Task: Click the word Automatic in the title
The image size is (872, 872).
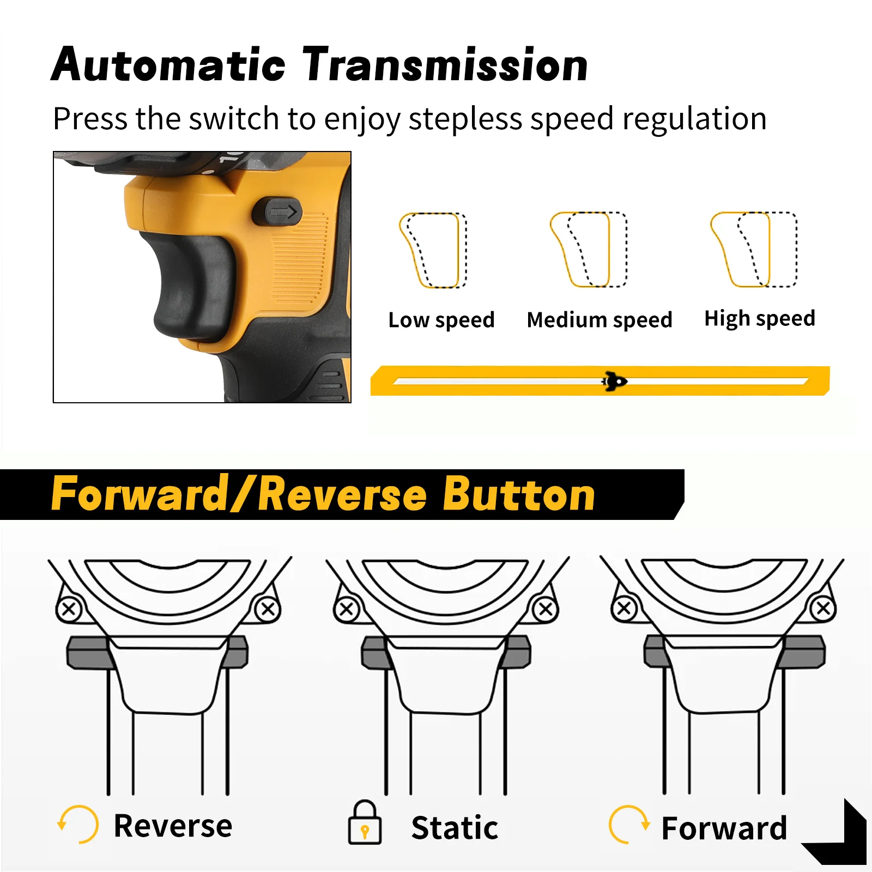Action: coord(168,65)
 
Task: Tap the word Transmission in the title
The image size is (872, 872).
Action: coord(445,65)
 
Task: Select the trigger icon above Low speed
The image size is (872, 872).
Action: coord(434,250)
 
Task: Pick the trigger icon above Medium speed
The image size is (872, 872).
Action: coord(589,250)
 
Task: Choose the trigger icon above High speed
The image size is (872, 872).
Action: coord(754,250)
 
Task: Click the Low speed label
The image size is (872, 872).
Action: coord(441,320)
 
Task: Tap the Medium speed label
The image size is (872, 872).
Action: coord(599,320)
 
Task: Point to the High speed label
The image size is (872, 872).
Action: coord(760,318)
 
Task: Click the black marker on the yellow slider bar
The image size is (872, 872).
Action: coord(614,381)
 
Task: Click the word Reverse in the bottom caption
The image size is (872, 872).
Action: coord(173,826)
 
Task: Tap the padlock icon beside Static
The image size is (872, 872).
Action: coord(365,823)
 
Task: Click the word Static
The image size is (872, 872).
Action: coord(455,828)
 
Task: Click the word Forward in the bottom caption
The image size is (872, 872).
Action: coord(724,828)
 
